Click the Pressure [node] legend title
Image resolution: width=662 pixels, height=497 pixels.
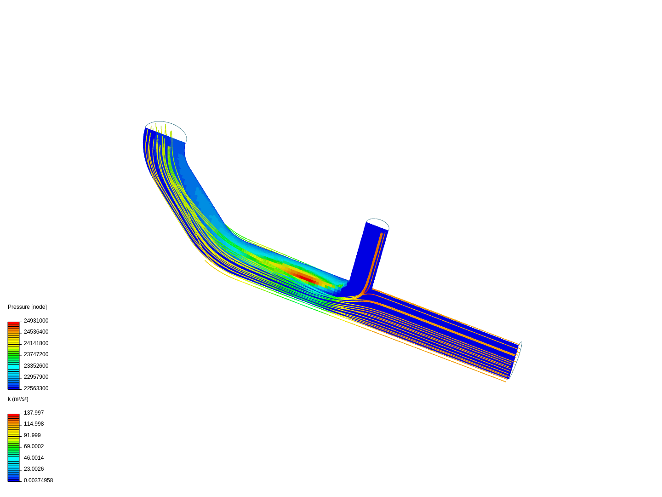click(x=27, y=307)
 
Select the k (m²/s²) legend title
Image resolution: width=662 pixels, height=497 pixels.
click(x=18, y=399)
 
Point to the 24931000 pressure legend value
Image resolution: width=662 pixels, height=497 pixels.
click(x=36, y=321)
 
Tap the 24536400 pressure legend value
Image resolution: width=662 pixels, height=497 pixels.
click(x=36, y=332)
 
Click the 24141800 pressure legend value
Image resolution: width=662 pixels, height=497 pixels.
click(x=36, y=343)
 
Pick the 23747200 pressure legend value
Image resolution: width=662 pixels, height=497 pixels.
click(x=36, y=354)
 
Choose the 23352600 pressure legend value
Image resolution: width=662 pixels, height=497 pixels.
click(x=36, y=366)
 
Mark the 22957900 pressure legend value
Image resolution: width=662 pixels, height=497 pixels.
click(x=36, y=377)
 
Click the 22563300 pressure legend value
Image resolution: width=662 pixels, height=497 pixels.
click(x=36, y=388)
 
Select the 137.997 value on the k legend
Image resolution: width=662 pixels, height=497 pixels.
click(x=34, y=413)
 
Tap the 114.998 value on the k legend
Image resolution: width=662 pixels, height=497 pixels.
click(x=34, y=424)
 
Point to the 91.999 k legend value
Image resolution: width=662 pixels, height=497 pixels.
click(x=32, y=435)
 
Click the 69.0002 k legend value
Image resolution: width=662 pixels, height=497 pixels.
click(x=34, y=446)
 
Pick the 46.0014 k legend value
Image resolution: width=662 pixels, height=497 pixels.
click(x=34, y=458)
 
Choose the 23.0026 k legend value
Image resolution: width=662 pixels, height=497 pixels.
click(x=34, y=469)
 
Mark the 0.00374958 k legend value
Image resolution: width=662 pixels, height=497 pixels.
click(x=38, y=480)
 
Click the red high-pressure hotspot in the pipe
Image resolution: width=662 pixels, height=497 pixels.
click(x=306, y=278)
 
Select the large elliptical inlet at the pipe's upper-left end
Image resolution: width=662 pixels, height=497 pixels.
click(x=166, y=132)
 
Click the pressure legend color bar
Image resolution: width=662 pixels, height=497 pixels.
click(x=13, y=355)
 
